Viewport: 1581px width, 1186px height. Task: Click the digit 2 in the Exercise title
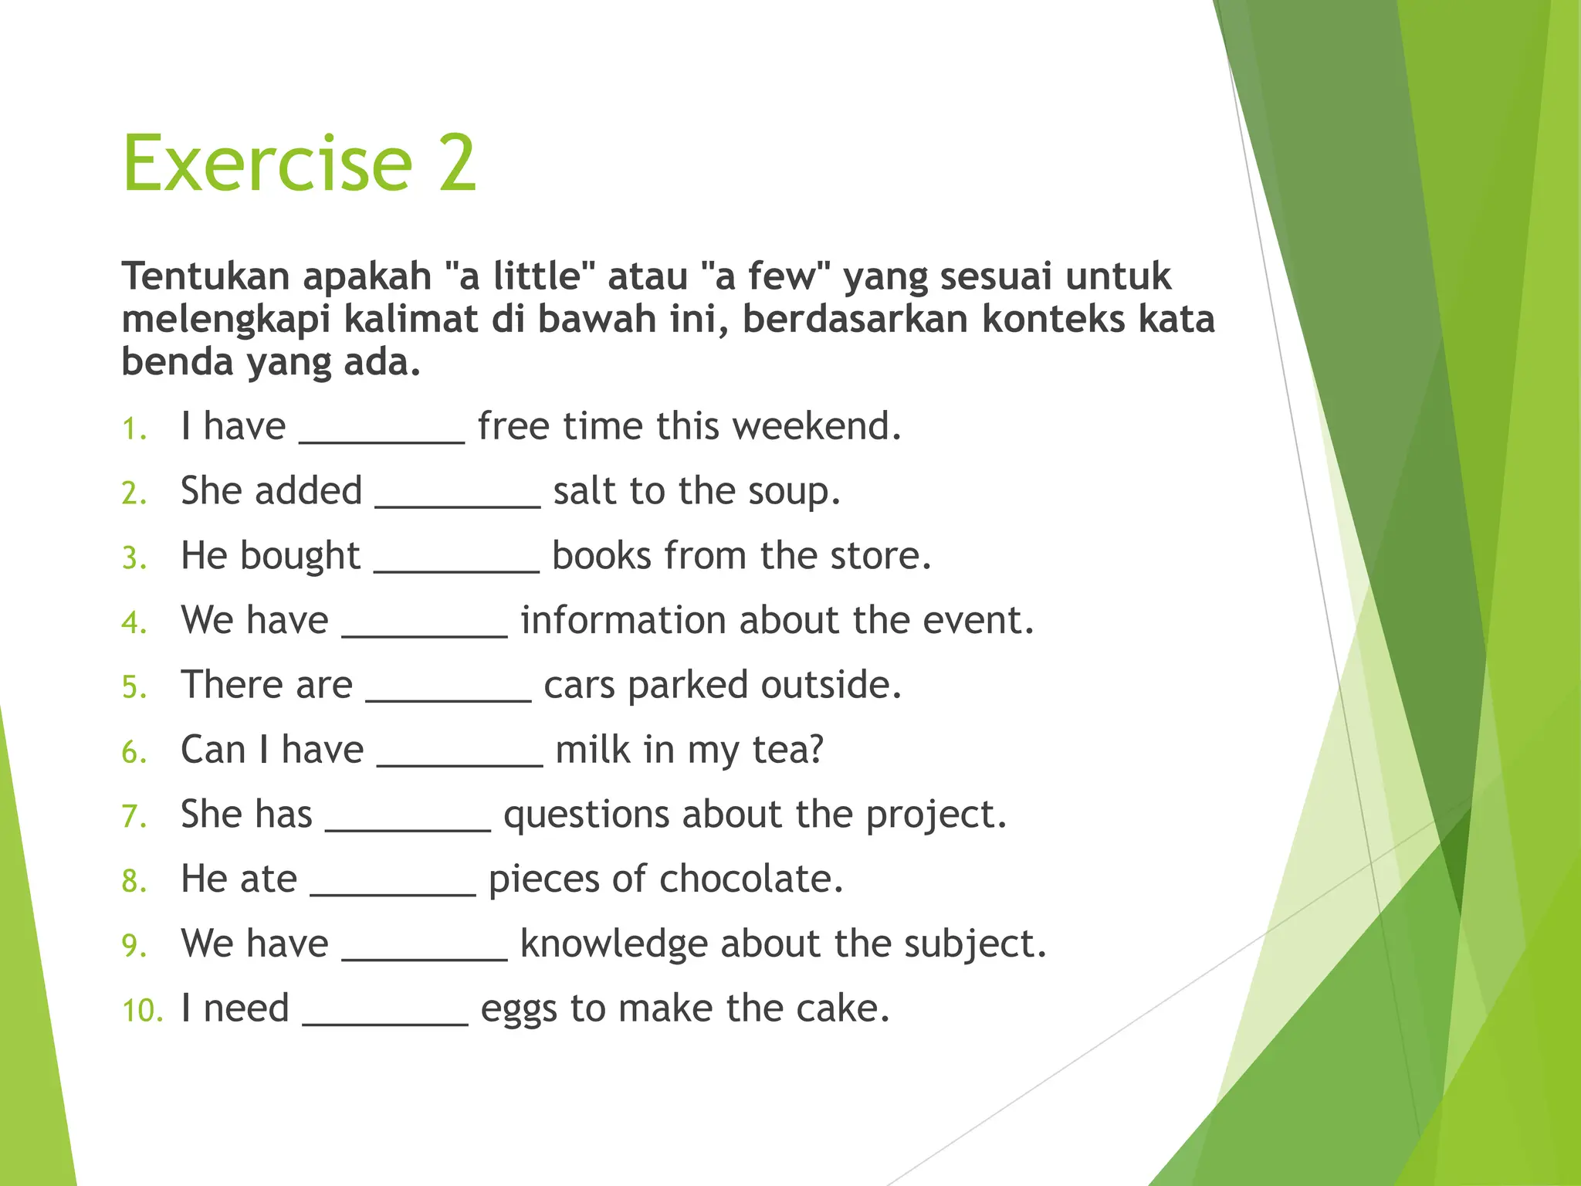click(x=457, y=164)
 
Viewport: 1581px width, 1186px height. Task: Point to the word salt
click(x=585, y=491)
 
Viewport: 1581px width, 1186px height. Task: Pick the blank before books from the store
click(x=456, y=568)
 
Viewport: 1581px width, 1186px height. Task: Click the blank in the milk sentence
click(x=460, y=762)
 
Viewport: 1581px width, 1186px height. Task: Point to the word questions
click(x=586, y=815)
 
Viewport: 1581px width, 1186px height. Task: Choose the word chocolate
click(x=750, y=879)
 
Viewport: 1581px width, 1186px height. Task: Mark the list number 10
click(x=143, y=1011)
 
